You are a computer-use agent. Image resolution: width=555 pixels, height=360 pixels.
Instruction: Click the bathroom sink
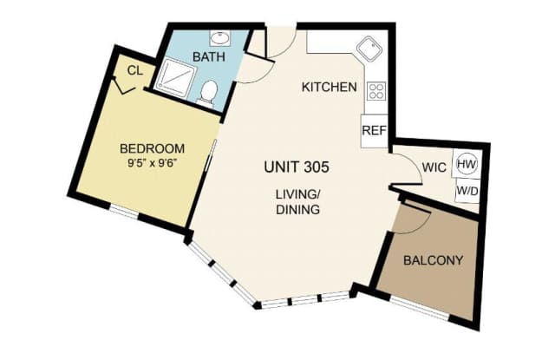click(x=220, y=37)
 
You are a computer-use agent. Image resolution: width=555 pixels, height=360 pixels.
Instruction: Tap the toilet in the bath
click(x=207, y=93)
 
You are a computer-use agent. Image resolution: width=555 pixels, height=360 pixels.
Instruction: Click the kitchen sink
click(x=369, y=49)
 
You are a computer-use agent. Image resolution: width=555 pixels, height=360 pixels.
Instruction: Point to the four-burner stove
click(x=376, y=91)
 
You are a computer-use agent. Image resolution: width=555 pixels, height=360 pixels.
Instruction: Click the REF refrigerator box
click(x=375, y=131)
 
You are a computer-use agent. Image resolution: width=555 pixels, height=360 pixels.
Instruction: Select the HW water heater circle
click(x=467, y=164)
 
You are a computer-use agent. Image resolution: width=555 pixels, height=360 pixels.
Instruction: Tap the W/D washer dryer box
click(x=467, y=191)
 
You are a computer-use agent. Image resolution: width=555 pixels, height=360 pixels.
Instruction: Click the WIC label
click(x=434, y=167)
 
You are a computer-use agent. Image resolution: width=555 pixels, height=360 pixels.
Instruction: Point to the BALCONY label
click(x=434, y=260)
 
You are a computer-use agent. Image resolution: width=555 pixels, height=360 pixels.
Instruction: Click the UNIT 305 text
click(x=297, y=167)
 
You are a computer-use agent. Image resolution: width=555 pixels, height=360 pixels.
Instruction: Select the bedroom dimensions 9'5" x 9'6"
click(x=153, y=164)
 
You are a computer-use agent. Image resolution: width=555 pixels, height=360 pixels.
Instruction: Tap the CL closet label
click(x=135, y=71)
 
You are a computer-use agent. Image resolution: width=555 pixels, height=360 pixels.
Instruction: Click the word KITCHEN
click(x=330, y=87)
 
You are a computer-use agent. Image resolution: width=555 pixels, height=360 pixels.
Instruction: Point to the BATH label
click(x=209, y=56)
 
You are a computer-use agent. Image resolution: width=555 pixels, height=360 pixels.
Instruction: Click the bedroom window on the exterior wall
click(x=123, y=211)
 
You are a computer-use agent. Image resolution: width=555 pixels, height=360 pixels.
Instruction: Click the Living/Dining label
click(x=298, y=202)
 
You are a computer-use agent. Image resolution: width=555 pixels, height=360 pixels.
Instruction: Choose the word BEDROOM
click(x=153, y=148)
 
